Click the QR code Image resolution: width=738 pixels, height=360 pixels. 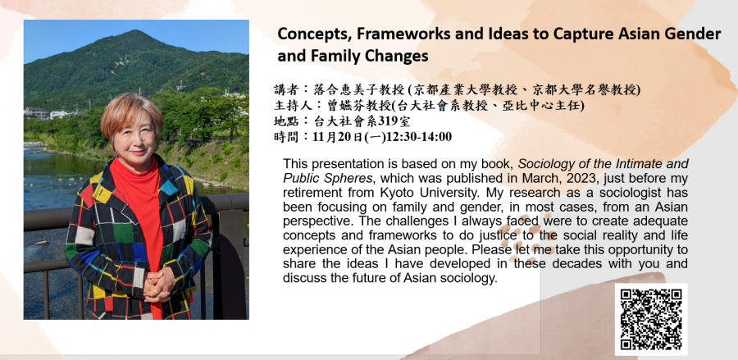click(x=651, y=320)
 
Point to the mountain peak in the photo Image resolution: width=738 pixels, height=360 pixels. click(x=135, y=31)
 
